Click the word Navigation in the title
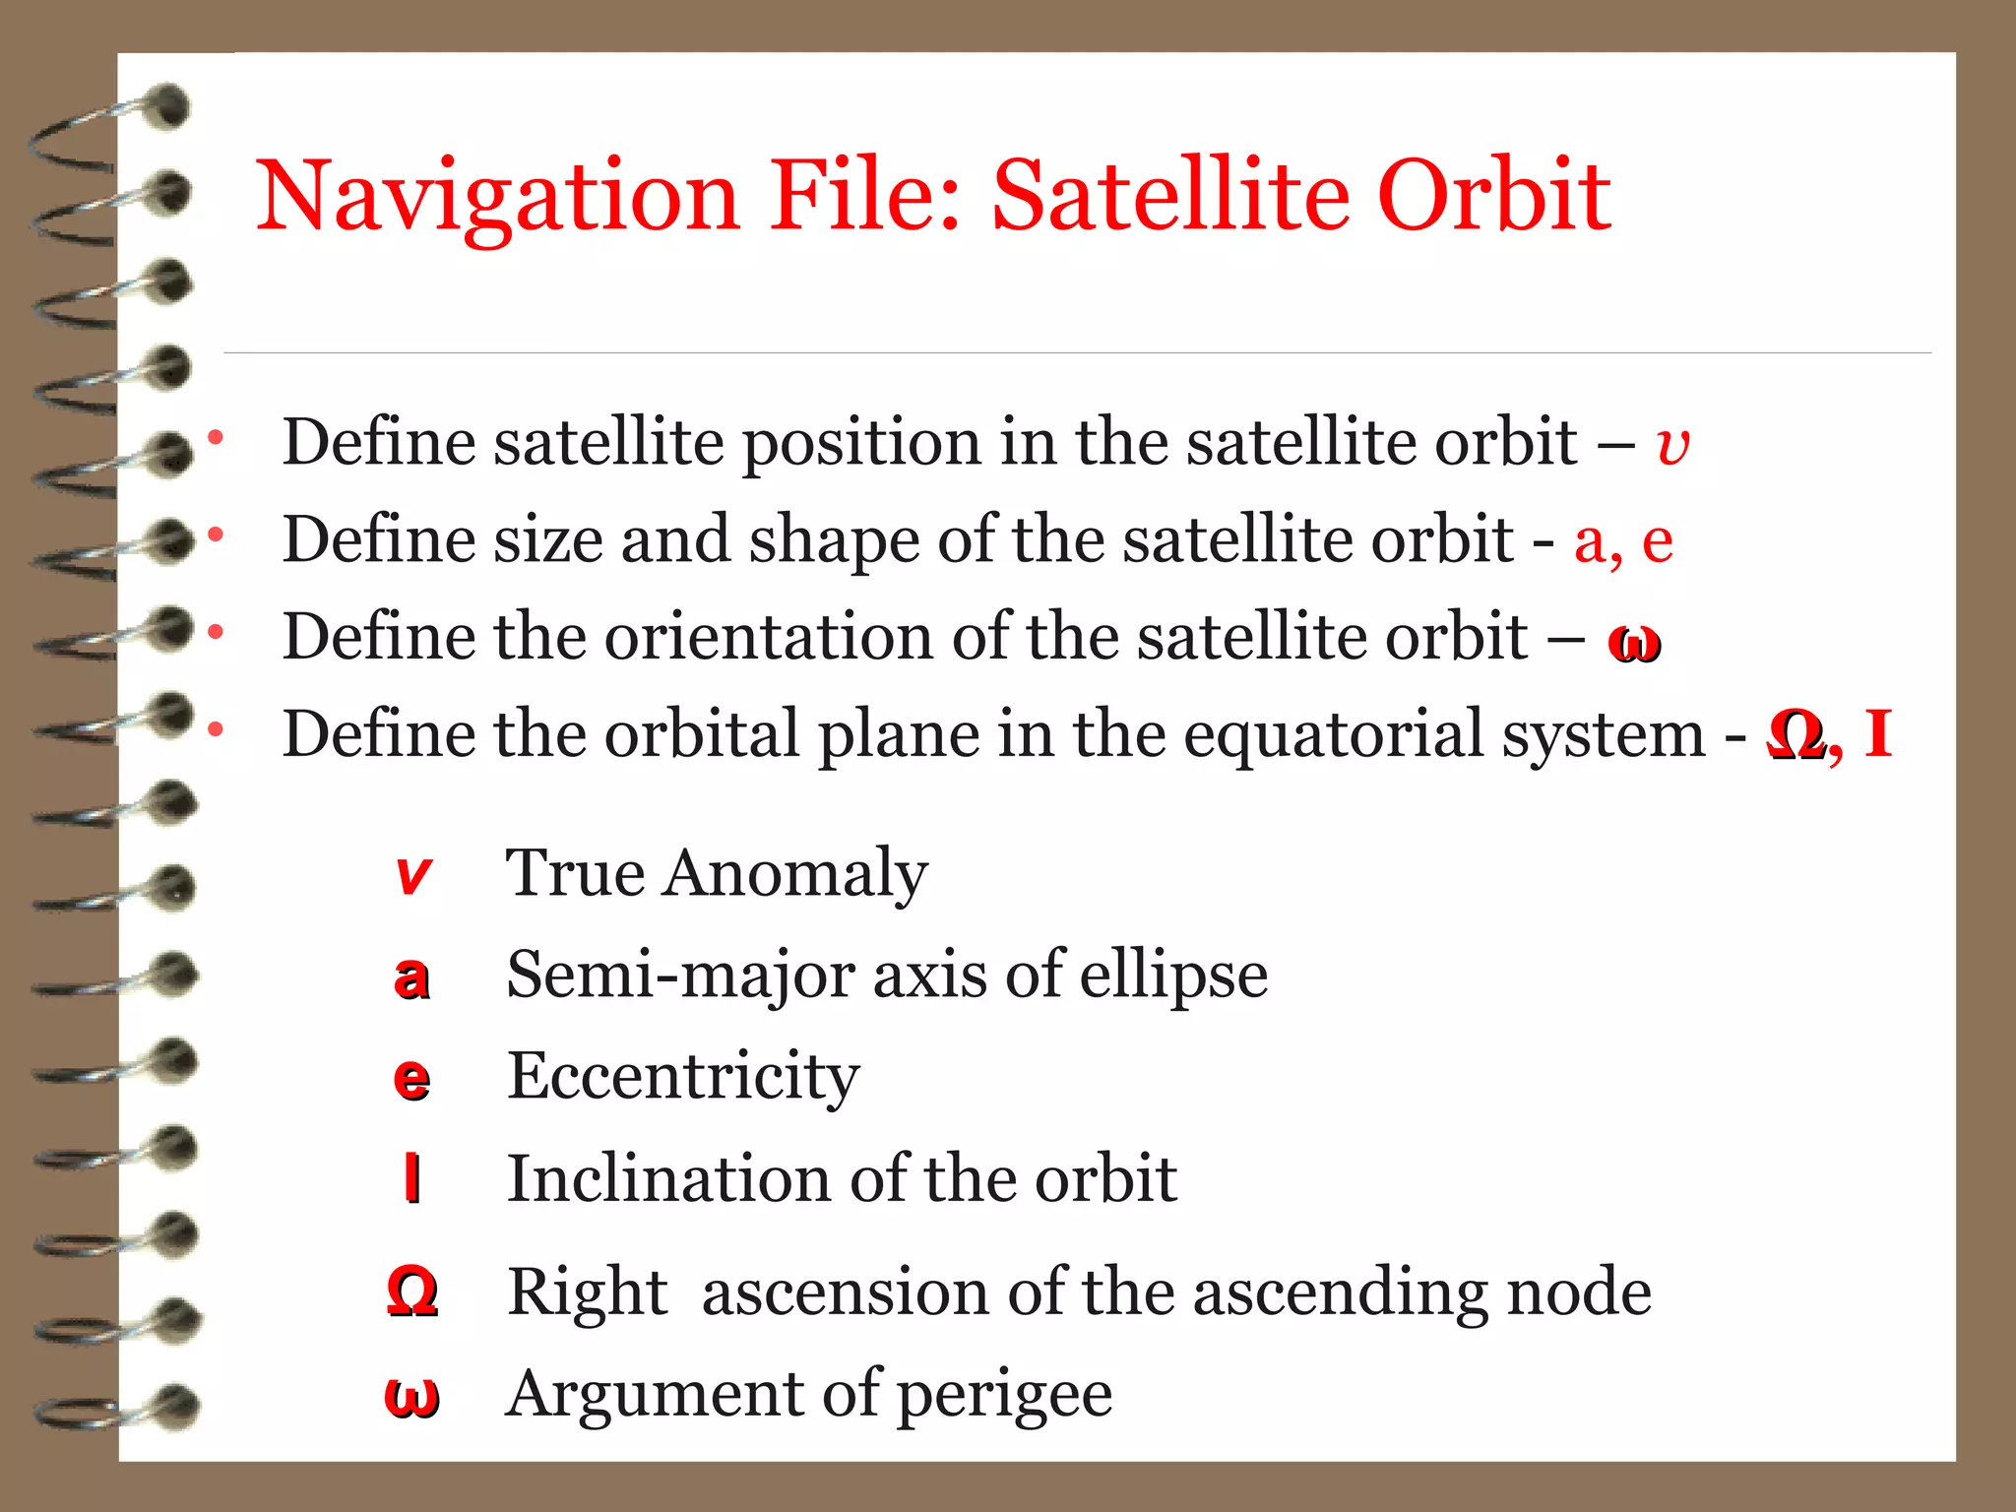pos(497,197)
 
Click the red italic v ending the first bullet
pos(1672,445)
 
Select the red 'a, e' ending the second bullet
pos(1623,540)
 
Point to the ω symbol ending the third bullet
pos(1634,643)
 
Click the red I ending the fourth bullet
pos(1878,733)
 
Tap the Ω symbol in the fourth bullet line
pos(1795,734)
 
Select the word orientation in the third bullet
pos(768,637)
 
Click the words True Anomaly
pos(716,873)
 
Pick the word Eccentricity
pos(683,1075)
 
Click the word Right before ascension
pos(588,1291)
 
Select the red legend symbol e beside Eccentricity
pos(411,1079)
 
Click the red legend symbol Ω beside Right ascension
pos(411,1291)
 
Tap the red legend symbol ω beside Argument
pos(411,1397)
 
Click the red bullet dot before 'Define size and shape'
pos(216,535)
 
